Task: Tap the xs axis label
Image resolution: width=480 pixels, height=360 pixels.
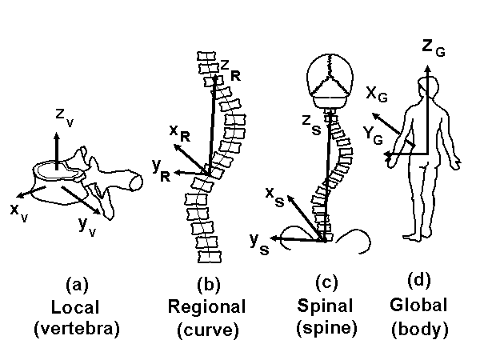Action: (274, 197)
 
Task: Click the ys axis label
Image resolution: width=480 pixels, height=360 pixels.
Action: (258, 241)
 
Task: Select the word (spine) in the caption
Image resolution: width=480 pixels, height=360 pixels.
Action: (325, 328)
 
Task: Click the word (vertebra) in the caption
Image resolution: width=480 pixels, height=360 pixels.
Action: (77, 328)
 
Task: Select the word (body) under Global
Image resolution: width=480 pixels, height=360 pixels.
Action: (418, 328)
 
